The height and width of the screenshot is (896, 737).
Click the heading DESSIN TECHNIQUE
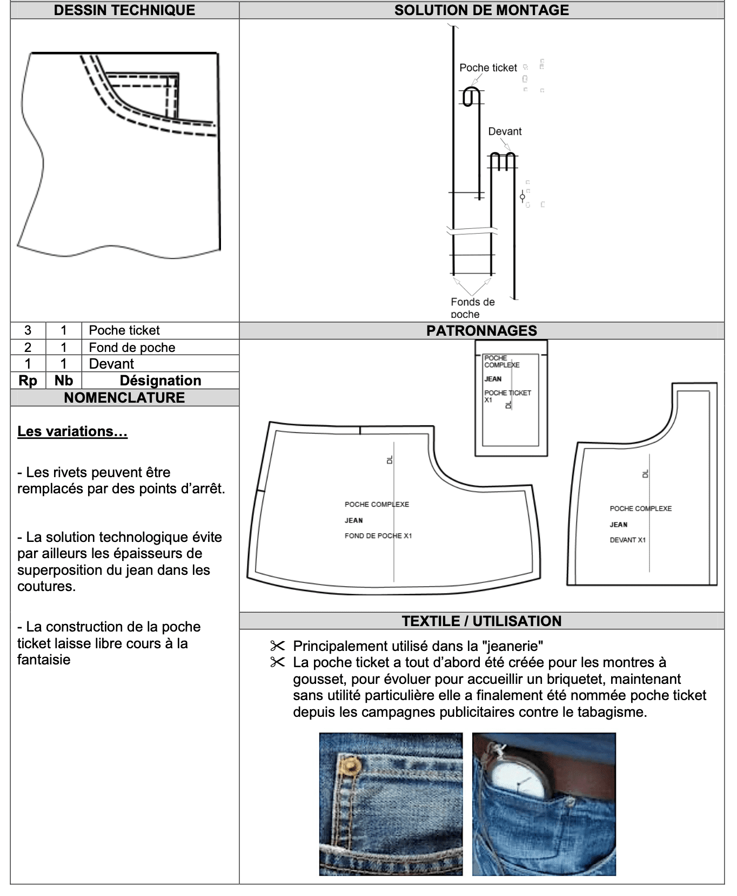124,10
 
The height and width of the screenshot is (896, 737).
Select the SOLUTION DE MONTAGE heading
481,10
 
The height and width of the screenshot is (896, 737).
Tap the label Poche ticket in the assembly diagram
488,67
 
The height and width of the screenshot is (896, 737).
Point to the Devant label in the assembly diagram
505,131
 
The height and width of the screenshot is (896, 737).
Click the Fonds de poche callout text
472,308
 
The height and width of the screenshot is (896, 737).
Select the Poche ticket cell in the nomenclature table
124,330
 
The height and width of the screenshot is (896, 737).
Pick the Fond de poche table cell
132,348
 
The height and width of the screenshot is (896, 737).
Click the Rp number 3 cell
28,330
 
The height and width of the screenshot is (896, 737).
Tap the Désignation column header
160,381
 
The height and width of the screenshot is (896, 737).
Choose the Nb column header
63,381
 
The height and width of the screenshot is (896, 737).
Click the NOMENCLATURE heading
124,398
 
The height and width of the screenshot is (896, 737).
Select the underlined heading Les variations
72,431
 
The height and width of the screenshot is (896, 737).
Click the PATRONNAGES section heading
481,331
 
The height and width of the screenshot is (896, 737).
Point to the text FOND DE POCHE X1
378,536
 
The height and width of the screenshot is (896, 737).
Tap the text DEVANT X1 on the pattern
627,540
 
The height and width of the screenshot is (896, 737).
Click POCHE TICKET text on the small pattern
507,393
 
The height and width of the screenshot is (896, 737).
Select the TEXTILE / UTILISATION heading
481,621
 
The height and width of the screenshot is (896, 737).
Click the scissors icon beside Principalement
277,646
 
